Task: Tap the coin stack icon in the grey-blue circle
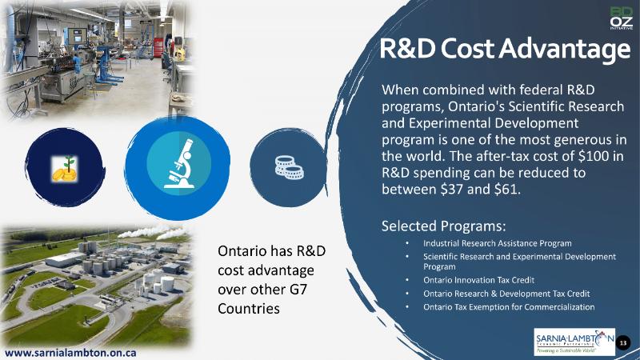pyautogui.click(x=289, y=167)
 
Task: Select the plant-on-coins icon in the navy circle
pyautogui.click(x=65, y=169)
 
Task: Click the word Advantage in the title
pyautogui.click(x=565, y=49)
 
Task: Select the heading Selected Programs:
pyautogui.click(x=444, y=226)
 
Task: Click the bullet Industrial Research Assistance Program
pyautogui.click(x=497, y=243)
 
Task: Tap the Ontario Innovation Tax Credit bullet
pyautogui.click(x=478, y=280)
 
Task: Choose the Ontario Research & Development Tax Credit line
pyautogui.click(x=506, y=294)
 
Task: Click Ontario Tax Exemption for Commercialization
pyautogui.click(x=509, y=307)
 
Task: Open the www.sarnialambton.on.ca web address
pyautogui.click(x=70, y=353)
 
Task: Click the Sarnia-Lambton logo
pyautogui.click(x=574, y=342)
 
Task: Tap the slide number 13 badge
pyautogui.click(x=623, y=343)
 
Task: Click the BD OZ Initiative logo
pyautogui.click(x=622, y=18)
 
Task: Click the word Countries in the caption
pyautogui.click(x=249, y=309)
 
